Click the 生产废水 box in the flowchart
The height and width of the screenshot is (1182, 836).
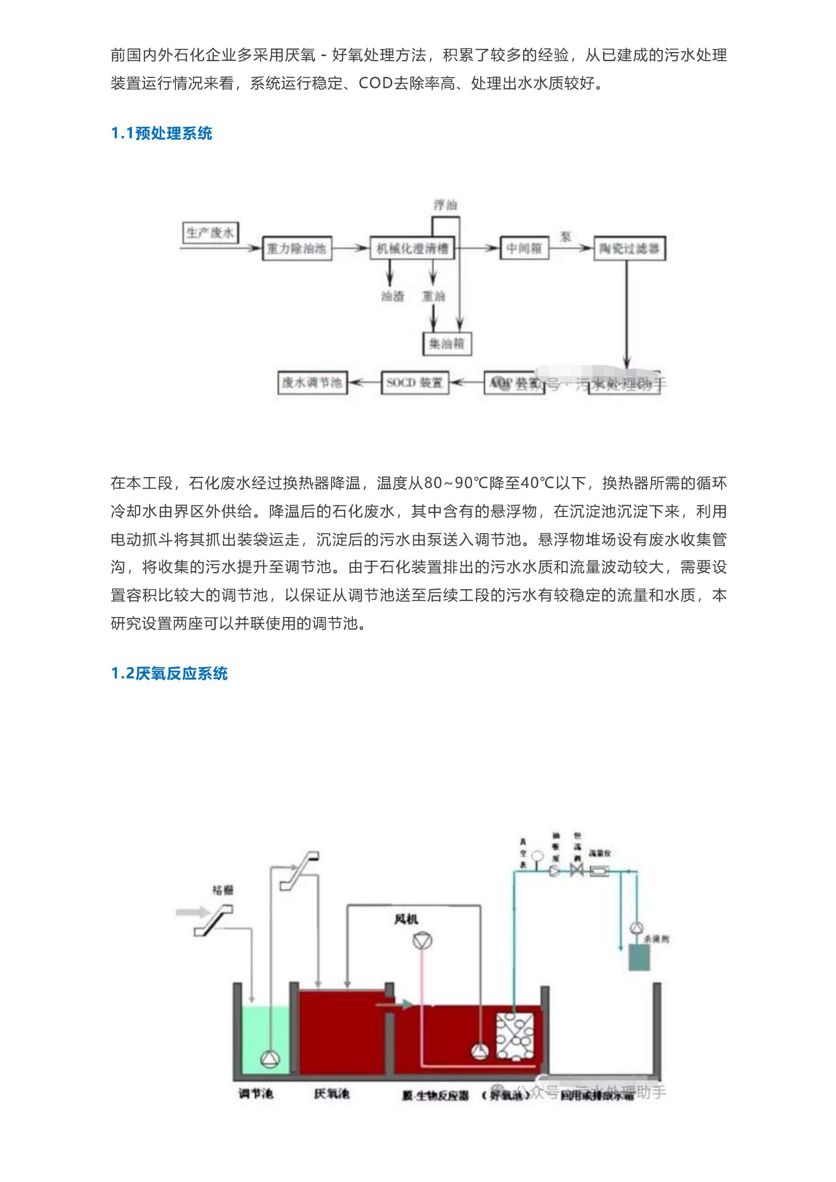pos(210,233)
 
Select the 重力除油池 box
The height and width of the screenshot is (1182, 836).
pos(296,249)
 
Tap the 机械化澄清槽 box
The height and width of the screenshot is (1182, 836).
pos(412,249)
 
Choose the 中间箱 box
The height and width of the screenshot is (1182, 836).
pos(524,249)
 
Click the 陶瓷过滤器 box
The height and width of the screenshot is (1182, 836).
pos(629,249)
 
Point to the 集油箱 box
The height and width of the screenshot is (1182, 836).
pos(446,343)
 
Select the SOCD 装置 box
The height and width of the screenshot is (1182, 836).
pos(414,383)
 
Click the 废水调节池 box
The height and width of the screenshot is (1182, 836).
pos(311,383)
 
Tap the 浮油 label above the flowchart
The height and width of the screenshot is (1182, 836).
pos(445,205)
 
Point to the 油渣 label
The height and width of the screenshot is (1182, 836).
pos(392,296)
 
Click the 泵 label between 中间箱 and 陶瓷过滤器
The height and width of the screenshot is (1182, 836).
pos(566,237)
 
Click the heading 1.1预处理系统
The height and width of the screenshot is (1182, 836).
pos(162,134)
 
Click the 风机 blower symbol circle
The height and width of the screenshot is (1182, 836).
pos(422,941)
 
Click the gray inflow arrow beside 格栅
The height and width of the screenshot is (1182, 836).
pos(190,913)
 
